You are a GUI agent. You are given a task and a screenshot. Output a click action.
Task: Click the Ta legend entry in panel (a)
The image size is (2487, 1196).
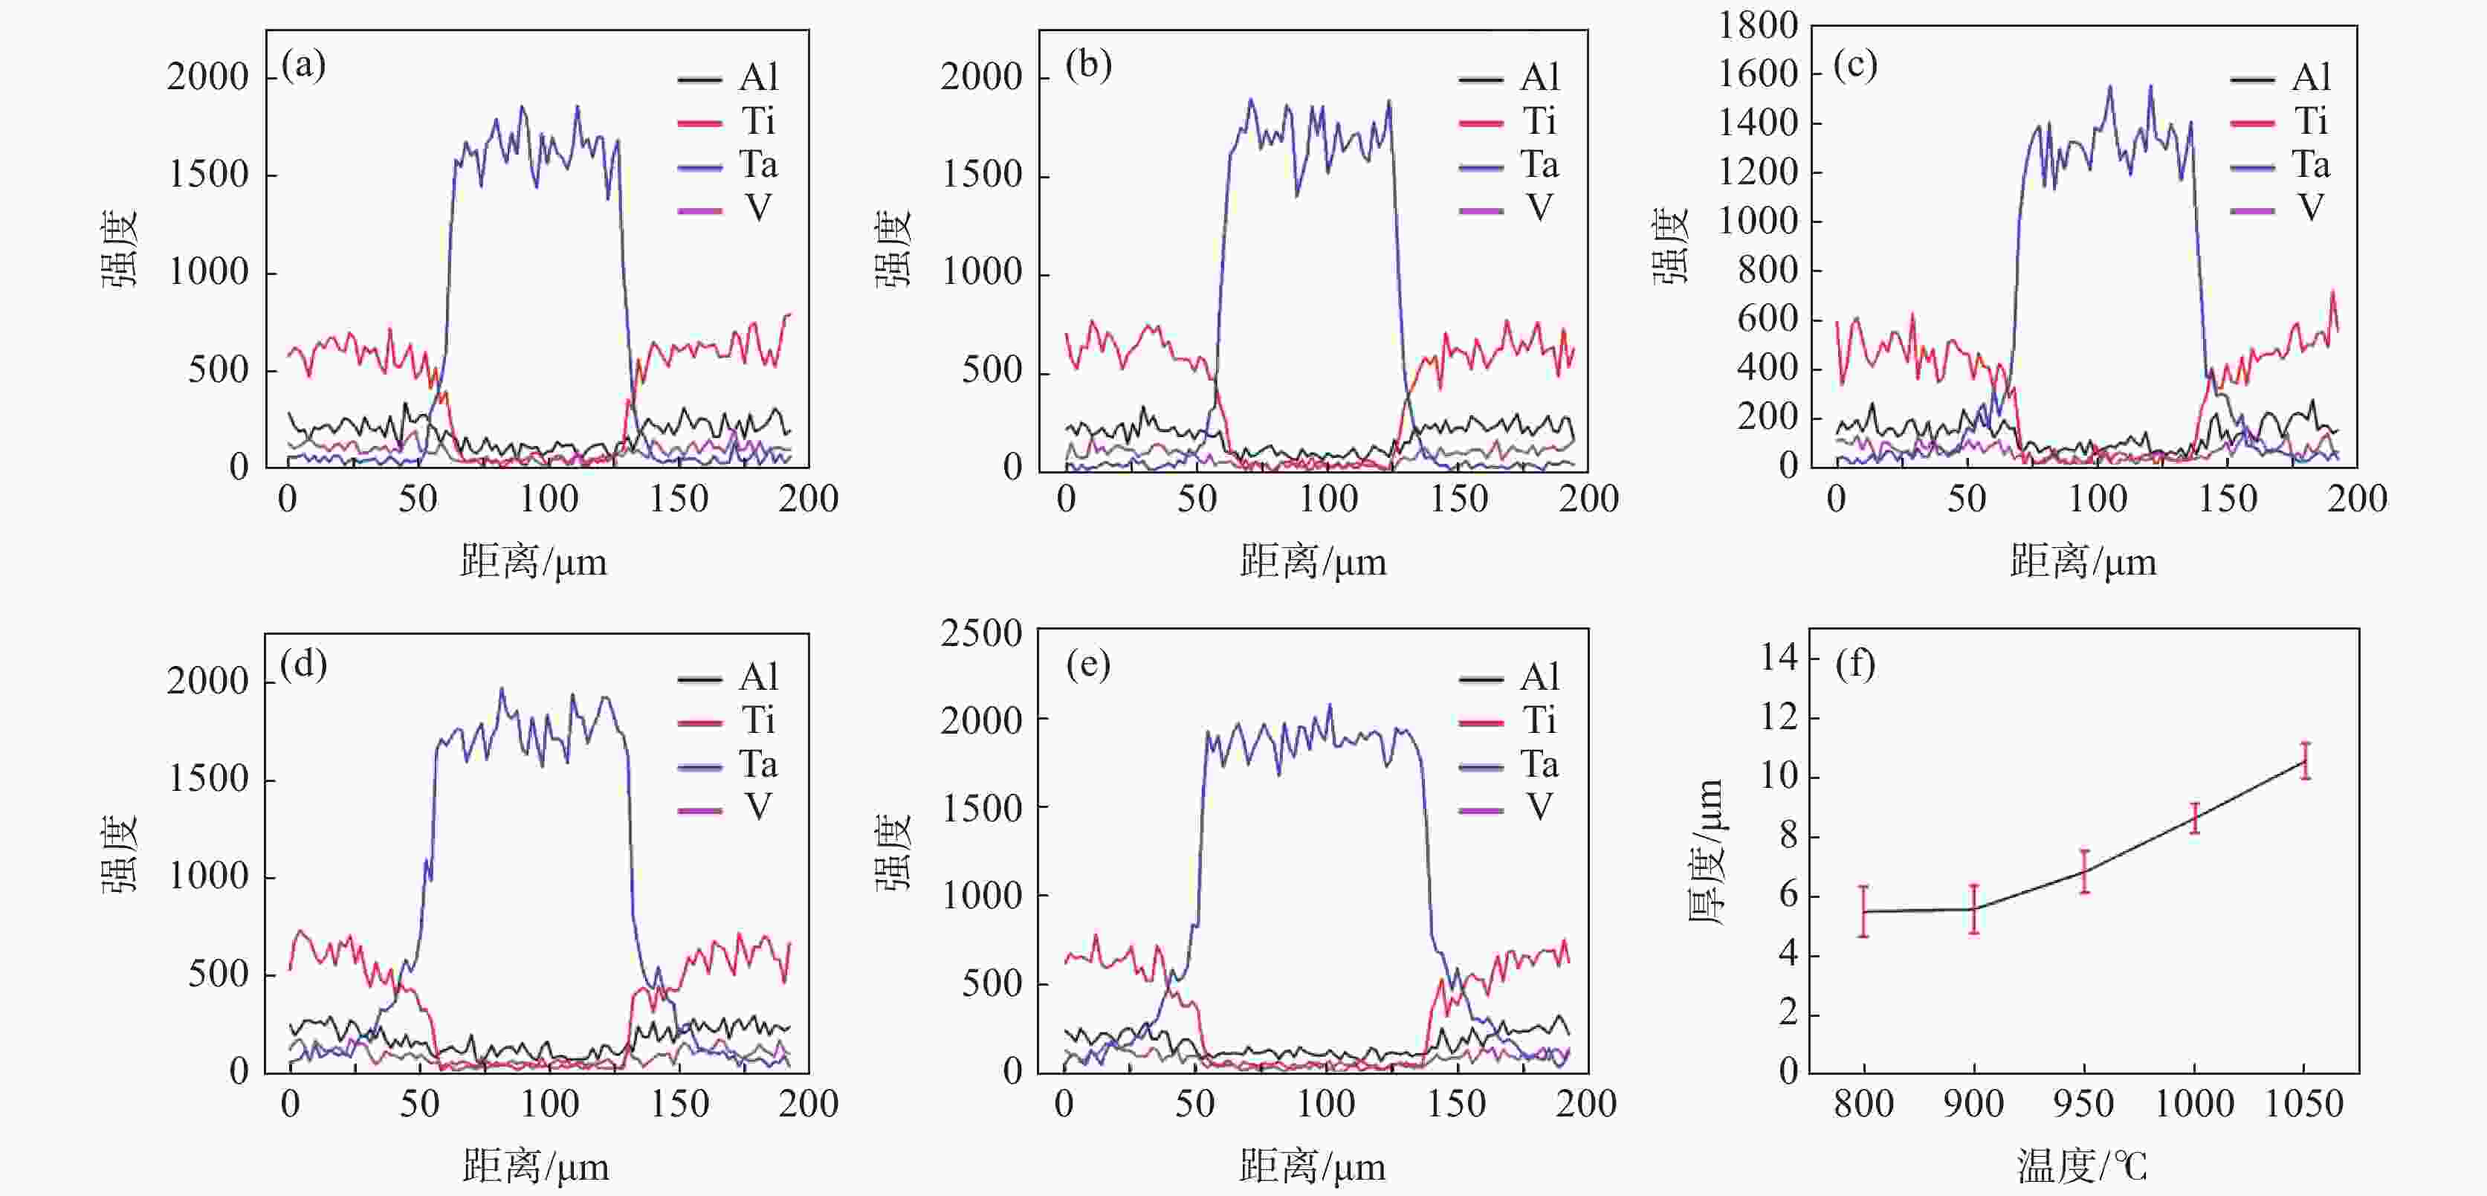coord(729,165)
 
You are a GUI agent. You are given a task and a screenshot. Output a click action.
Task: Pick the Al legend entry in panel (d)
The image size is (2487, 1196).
coord(729,678)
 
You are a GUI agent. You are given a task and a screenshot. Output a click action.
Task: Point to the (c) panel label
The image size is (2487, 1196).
coord(1854,65)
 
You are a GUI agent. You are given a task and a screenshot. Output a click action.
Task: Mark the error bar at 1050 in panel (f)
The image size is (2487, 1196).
coord(2305,760)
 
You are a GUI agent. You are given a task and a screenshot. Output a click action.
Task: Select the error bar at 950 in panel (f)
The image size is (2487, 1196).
coord(2084,872)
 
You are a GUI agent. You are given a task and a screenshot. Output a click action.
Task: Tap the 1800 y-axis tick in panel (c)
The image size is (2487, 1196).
coord(1757,26)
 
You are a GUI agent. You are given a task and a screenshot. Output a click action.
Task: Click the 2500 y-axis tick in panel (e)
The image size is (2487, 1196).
coord(981,633)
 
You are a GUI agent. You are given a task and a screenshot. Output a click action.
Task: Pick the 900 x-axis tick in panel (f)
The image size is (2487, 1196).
coord(1973,1103)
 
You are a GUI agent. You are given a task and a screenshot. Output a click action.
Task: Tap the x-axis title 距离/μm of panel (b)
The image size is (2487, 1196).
coord(1313,562)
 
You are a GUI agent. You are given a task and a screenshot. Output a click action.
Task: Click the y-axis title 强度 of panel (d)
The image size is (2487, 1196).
coord(120,854)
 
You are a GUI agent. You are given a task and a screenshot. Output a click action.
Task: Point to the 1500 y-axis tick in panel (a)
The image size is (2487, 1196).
coord(209,175)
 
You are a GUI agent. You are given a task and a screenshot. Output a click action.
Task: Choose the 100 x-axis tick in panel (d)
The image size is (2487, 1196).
coord(549,1103)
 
